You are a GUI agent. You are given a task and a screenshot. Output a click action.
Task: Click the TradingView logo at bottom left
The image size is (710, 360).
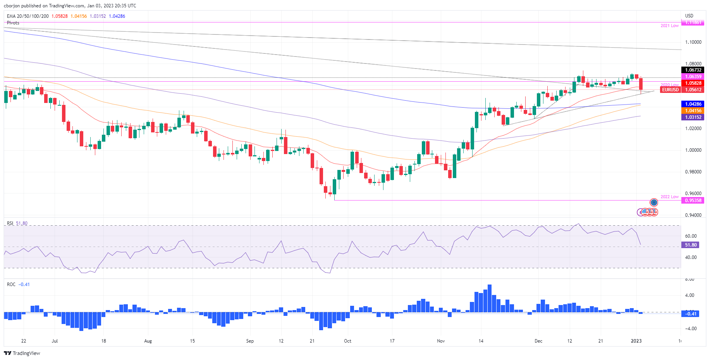tap(22, 353)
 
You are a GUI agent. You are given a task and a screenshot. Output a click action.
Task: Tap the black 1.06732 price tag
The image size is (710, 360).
tap(693, 70)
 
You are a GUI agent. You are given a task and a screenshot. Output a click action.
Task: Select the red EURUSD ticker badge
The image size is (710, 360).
tap(670, 90)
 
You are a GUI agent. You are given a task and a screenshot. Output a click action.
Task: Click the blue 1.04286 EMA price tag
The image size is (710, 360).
tap(693, 104)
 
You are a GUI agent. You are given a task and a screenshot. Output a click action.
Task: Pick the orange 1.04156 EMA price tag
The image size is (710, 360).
tap(693, 111)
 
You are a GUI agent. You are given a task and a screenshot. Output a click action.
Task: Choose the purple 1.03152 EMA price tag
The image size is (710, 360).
tap(693, 117)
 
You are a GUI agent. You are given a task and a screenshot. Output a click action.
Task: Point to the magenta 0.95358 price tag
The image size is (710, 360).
tap(693, 201)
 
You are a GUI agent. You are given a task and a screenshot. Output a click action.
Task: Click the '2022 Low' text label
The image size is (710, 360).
tap(669, 197)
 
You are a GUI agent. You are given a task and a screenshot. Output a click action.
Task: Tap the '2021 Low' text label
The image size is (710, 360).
tap(669, 26)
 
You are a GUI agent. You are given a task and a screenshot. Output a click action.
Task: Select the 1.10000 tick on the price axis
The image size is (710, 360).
tap(693, 42)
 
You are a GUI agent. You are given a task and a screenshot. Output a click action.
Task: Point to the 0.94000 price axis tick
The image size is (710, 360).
tap(693, 215)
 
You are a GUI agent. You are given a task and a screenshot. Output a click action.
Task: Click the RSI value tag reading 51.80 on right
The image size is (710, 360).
tap(691, 245)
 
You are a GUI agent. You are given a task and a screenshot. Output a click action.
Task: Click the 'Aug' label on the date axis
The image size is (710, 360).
tap(148, 341)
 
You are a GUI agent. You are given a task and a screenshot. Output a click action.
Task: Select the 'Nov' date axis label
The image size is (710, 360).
tap(441, 341)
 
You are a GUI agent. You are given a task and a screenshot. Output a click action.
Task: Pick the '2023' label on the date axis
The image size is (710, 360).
tap(636, 341)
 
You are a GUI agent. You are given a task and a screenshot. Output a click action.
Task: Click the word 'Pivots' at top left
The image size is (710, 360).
tap(13, 23)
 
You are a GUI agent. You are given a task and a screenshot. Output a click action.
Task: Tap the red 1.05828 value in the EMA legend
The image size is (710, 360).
tap(60, 16)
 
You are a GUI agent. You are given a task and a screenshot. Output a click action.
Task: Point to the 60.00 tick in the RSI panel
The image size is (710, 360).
tap(691, 236)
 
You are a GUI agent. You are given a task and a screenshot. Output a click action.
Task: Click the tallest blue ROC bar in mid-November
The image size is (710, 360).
tap(490, 298)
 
